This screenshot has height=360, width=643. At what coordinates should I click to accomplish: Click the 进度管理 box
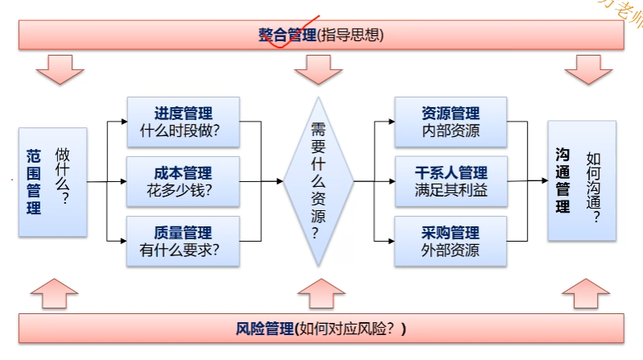[183, 122]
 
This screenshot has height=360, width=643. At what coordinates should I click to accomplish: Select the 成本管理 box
[183, 181]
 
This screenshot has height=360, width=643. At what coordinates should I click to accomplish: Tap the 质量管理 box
[183, 241]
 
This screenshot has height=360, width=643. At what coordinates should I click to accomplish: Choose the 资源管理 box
[450, 122]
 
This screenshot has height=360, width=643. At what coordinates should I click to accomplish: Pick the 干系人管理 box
[450, 181]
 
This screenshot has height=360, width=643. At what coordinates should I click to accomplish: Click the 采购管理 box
[450, 241]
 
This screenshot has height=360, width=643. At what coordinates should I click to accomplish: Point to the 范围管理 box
[52, 181]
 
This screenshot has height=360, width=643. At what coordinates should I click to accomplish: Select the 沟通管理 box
[581, 180]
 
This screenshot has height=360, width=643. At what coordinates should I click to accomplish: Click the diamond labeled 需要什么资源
[318, 181]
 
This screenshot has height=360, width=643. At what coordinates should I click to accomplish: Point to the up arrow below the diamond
[318, 293]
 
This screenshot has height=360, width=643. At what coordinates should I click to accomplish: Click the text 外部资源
[450, 250]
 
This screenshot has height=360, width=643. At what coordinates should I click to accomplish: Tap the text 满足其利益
[450, 192]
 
